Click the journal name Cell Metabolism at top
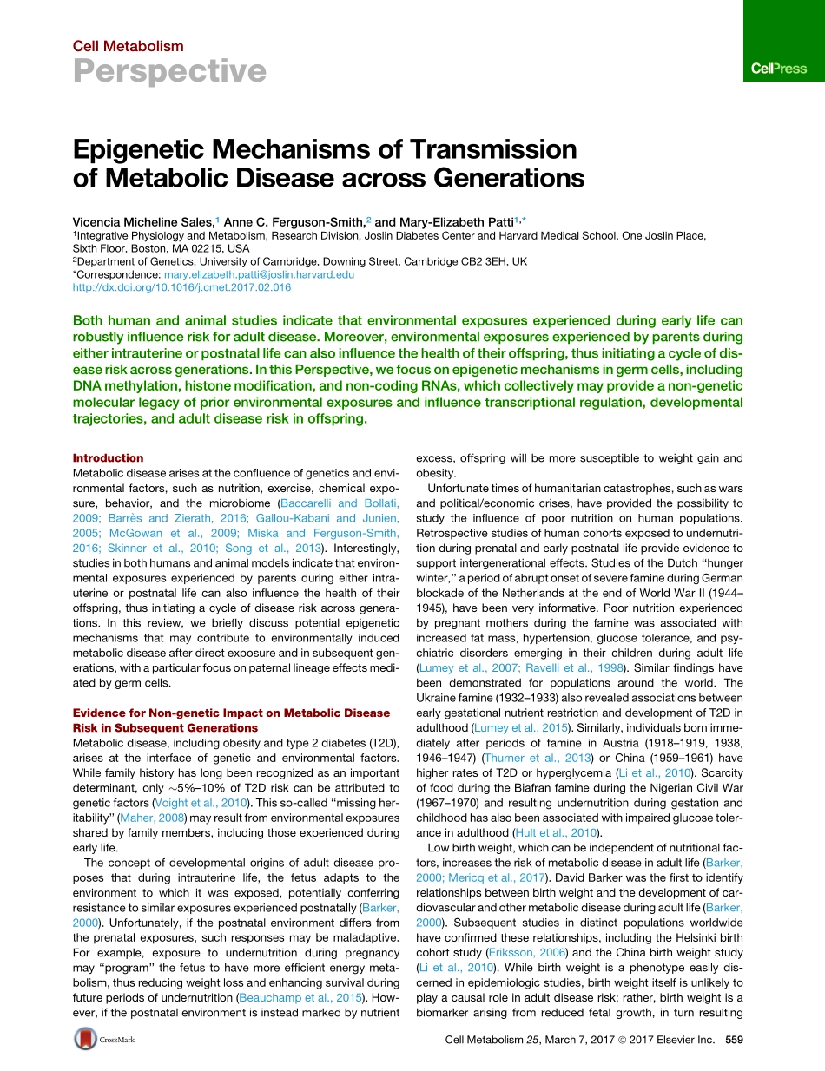pos(128,46)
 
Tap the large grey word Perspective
pos(169,71)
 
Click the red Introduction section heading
pos(108,457)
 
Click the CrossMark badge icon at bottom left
pos(86,1039)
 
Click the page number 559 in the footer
pos(735,1040)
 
